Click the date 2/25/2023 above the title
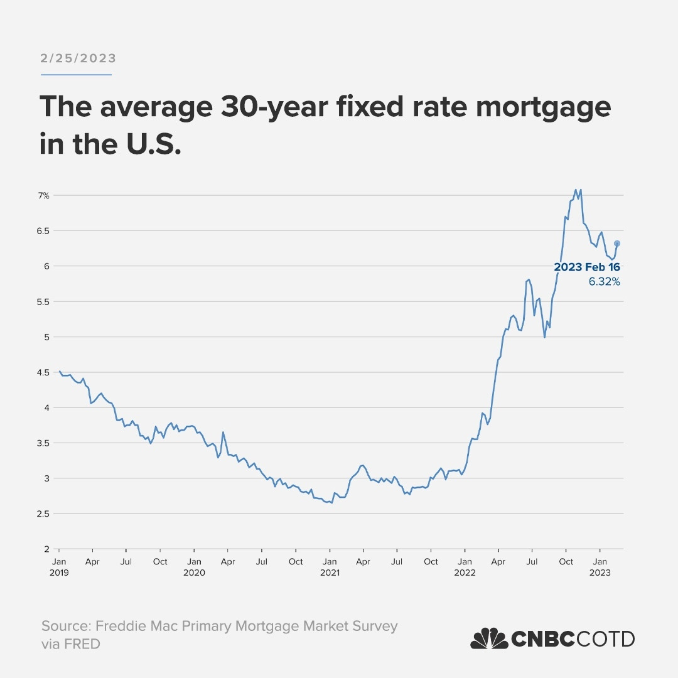[78, 58]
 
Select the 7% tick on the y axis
[43, 196]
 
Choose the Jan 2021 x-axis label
[330, 567]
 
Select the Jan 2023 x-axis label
[601, 567]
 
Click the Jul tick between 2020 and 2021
[262, 562]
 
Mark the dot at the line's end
[616, 244]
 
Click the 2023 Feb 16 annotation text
[586, 267]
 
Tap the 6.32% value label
[604, 282]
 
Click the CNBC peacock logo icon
[489, 639]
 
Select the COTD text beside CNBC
[606, 639]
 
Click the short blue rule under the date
[76, 75]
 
